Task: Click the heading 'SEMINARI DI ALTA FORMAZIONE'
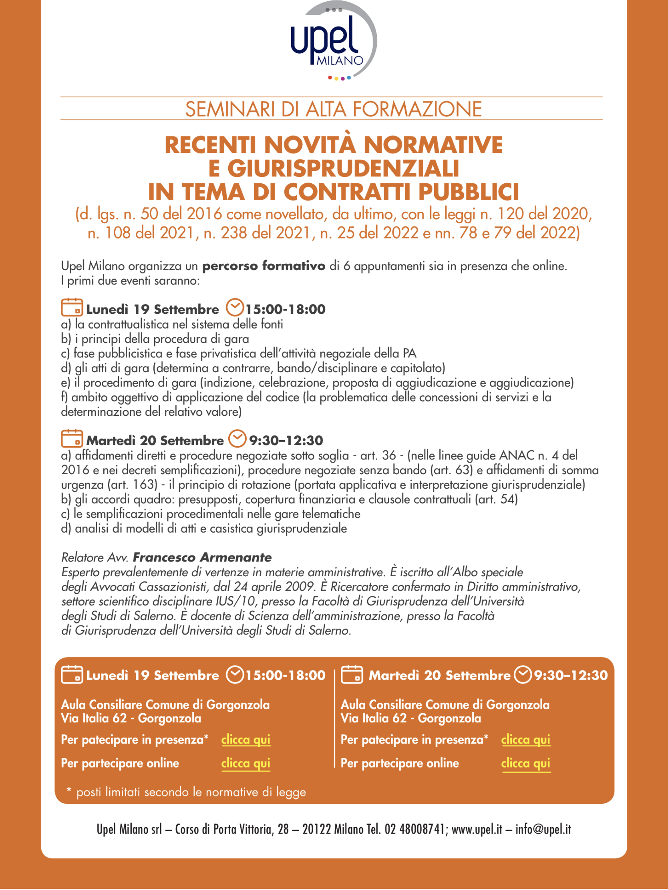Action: point(333,109)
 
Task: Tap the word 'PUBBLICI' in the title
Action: point(468,192)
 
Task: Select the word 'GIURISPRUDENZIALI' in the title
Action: point(333,168)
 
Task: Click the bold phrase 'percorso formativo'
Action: point(264,266)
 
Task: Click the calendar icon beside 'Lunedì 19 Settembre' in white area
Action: point(72,308)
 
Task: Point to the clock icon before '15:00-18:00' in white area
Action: point(235,308)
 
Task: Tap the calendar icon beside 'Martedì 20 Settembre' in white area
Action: point(72,439)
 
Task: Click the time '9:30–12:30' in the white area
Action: point(286,441)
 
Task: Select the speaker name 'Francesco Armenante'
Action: point(202,557)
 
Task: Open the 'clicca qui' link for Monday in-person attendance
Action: point(245,740)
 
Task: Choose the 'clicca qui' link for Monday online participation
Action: point(245,763)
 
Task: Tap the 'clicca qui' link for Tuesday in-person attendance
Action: point(525,740)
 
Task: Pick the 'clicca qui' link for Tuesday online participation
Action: point(525,763)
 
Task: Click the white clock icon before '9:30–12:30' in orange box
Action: point(523,675)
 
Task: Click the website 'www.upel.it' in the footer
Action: point(476,829)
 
